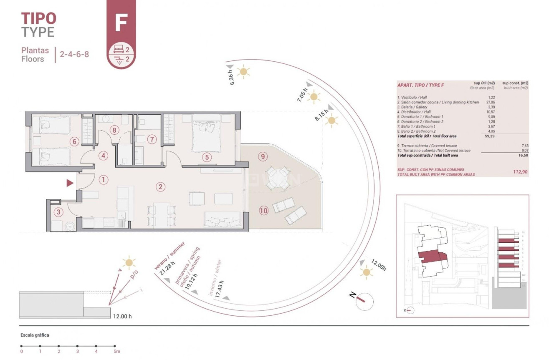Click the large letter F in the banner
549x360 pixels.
pyautogui.click(x=121, y=23)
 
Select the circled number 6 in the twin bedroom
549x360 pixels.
pyautogui.click(x=74, y=141)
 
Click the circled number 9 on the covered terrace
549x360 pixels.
pyautogui.click(x=262, y=157)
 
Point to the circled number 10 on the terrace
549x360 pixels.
pyautogui.click(x=263, y=211)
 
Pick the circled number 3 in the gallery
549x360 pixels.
pyautogui.click(x=58, y=212)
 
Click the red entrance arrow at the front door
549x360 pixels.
pyautogui.click(x=70, y=183)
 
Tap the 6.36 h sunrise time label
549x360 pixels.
pyautogui.click(x=233, y=77)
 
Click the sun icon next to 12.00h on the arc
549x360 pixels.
pyautogui.click(x=367, y=272)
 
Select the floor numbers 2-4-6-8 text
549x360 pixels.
pyautogui.click(x=74, y=54)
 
